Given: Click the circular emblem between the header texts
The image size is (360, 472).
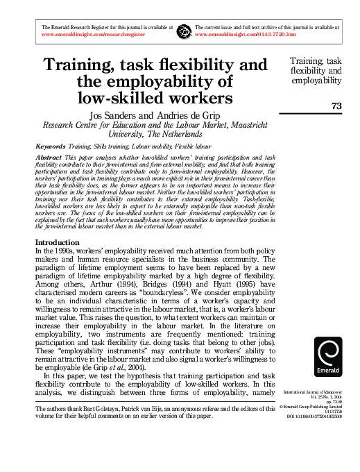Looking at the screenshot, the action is click(x=183, y=30).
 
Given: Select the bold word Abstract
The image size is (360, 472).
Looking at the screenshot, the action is click(x=48, y=158).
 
